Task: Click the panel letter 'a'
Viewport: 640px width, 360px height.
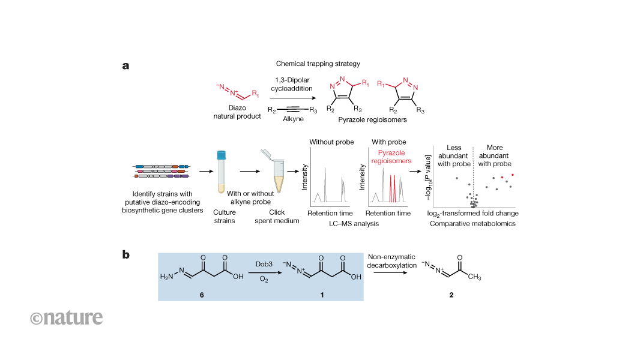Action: pyautogui.click(x=125, y=65)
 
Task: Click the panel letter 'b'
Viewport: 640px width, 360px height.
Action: pyautogui.click(x=126, y=254)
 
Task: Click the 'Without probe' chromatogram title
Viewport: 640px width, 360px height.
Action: pyautogui.click(x=330, y=142)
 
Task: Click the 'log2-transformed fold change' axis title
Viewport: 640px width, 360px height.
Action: pyautogui.click(x=472, y=214)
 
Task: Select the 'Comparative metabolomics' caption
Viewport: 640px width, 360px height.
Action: pyautogui.click(x=472, y=224)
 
